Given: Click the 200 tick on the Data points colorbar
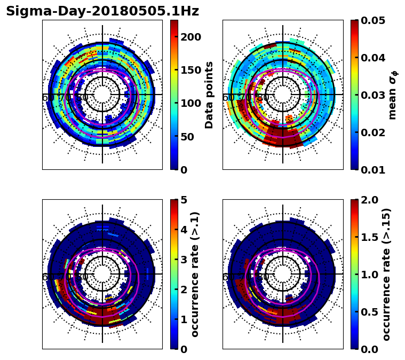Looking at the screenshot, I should coord(190,36).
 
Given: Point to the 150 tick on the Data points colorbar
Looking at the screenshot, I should coord(190,70).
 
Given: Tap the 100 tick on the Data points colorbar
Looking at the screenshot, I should coord(190,103).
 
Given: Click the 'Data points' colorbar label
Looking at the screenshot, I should coord(209,95).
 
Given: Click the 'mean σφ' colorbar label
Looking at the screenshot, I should coord(393,95).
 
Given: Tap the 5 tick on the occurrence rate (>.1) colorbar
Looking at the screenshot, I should coord(184,200).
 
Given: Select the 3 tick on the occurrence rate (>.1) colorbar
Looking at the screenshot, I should coord(184,260).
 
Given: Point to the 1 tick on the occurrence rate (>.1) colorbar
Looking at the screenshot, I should coord(184,319).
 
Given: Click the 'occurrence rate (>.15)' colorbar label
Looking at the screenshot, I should coord(386,274).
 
